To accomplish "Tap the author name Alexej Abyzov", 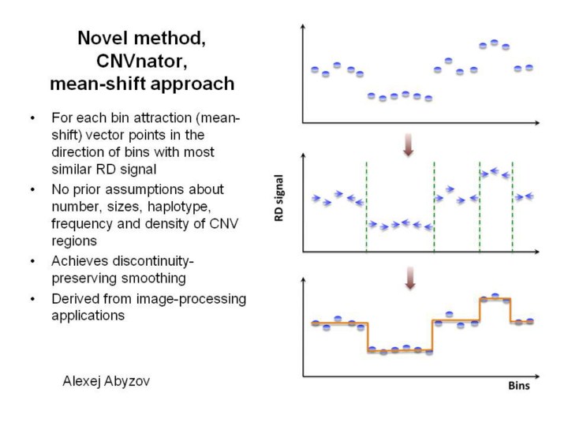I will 108,381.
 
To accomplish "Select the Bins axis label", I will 518,387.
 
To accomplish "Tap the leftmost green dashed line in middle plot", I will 366,207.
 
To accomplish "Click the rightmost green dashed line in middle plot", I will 512,207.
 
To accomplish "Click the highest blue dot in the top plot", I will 494,43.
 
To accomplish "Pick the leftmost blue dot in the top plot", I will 314,69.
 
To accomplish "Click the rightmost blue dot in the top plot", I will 529,68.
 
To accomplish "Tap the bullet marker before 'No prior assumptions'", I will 32,190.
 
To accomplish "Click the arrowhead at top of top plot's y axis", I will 303,28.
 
